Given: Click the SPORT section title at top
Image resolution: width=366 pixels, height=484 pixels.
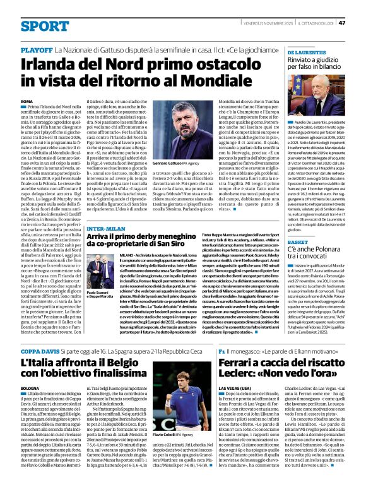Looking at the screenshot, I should [x=45, y=26].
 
